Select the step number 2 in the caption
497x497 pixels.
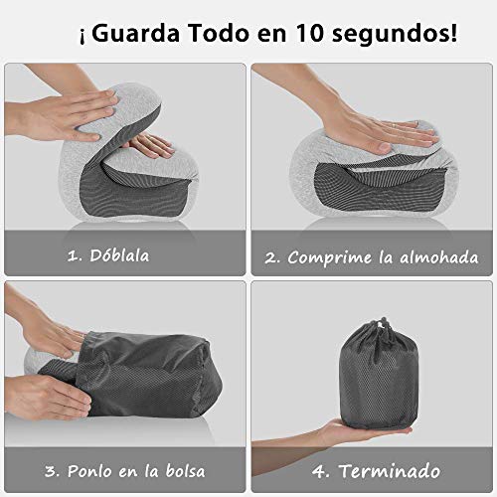pyautogui.click(x=271, y=256)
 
